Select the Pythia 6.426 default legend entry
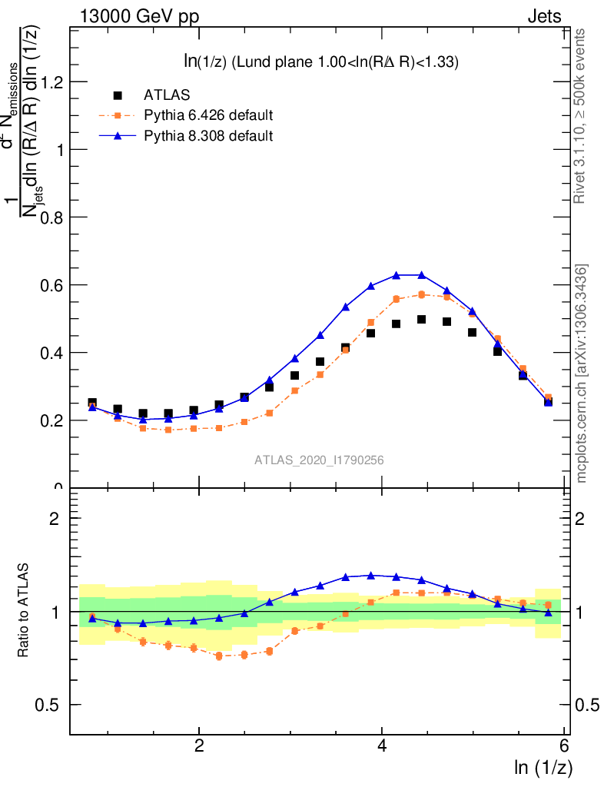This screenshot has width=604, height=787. click(208, 116)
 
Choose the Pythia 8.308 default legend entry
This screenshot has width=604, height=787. click(208, 136)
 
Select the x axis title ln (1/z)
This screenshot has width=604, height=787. click(543, 767)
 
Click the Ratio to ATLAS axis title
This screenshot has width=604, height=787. click(25, 611)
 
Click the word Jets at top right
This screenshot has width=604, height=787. click(544, 17)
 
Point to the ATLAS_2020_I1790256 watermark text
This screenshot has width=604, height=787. click(319, 460)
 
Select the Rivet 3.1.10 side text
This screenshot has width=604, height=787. click(581, 115)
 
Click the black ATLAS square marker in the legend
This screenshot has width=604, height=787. click(118, 95)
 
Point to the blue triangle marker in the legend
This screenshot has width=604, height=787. click(118, 136)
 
